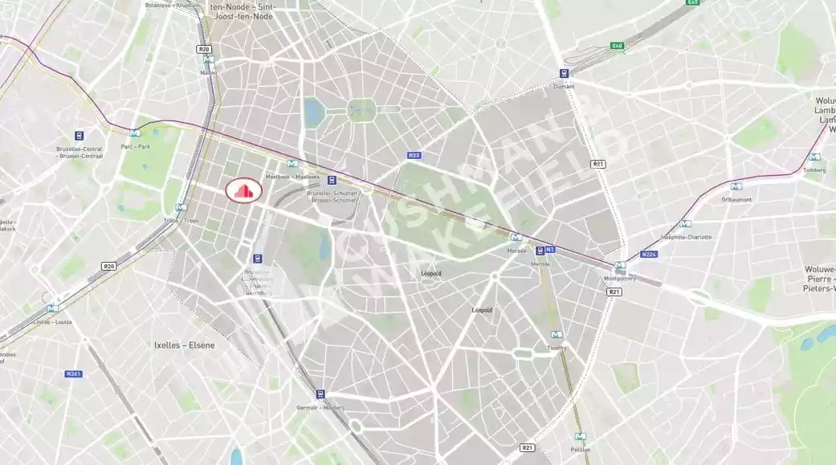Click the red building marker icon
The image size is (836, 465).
(244, 190)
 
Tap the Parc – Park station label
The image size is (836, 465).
(135, 146)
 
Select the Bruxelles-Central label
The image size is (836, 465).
(80, 153)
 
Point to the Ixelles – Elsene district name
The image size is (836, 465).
(185, 345)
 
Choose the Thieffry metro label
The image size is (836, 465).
(557, 348)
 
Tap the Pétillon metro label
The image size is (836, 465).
(580, 451)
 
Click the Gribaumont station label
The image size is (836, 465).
(736, 198)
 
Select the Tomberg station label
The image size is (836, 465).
(814, 169)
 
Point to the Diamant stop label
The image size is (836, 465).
(564, 86)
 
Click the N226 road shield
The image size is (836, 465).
(649, 255)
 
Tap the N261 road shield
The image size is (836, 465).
(74, 373)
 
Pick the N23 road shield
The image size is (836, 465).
(414, 155)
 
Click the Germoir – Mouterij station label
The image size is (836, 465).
(321, 407)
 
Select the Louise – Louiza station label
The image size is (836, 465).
(52, 321)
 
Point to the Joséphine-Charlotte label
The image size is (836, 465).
(685, 237)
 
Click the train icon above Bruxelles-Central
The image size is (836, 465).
(80, 136)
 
